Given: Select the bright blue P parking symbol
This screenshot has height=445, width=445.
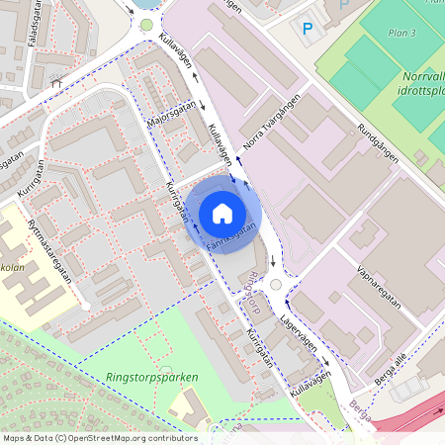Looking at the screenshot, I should pyautogui.click(x=307, y=30).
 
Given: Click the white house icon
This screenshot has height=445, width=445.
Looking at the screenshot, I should pyautogui.click(x=222, y=213).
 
